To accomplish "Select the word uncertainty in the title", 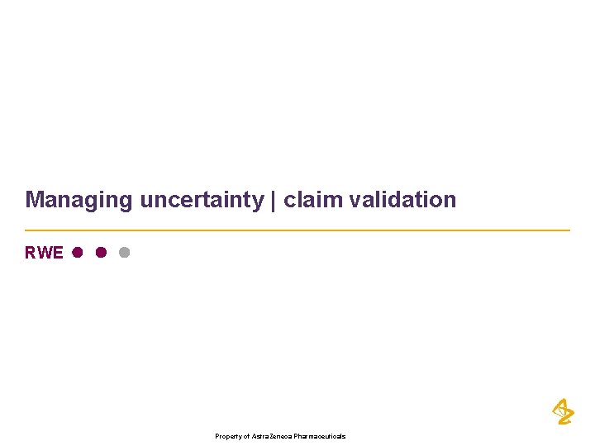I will click(x=202, y=200).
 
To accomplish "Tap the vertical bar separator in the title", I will click(x=274, y=200).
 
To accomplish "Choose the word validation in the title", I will click(x=397, y=200).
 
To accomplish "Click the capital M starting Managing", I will click(x=34, y=200).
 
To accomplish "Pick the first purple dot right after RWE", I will click(x=77, y=253).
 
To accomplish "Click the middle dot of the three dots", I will click(x=100, y=253).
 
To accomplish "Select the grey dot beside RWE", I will click(x=124, y=253).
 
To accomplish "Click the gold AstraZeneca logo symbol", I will click(x=563, y=411).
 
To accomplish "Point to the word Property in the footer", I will click(x=228, y=436).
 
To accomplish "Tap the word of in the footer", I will click(x=245, y=436).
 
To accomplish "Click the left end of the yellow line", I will click(x=26, y=230).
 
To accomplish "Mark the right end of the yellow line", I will click(x=569, y=230).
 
